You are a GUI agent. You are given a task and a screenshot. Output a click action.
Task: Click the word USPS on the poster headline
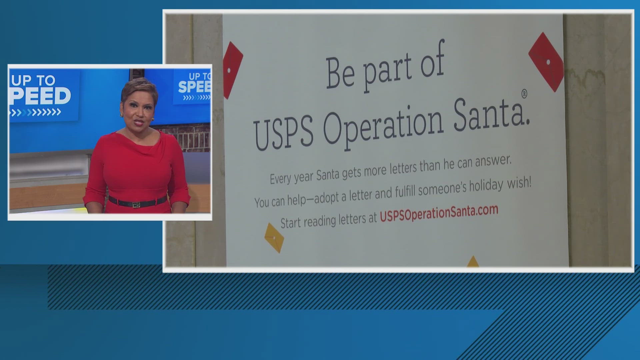(x=284, y=132)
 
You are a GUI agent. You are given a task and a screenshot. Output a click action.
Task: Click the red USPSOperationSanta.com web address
(x=439, y=213)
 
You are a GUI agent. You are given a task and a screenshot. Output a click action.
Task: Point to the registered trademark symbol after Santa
(x=524, y=94)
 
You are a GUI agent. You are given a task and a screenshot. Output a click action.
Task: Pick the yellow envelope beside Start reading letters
(x=274, y=237)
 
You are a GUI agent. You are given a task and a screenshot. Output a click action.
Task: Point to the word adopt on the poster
(x=327, y=197)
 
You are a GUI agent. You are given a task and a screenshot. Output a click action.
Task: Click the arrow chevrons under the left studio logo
(x=35, y=112)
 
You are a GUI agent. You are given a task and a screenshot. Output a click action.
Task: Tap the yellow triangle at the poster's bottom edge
(x=473, y=262)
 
